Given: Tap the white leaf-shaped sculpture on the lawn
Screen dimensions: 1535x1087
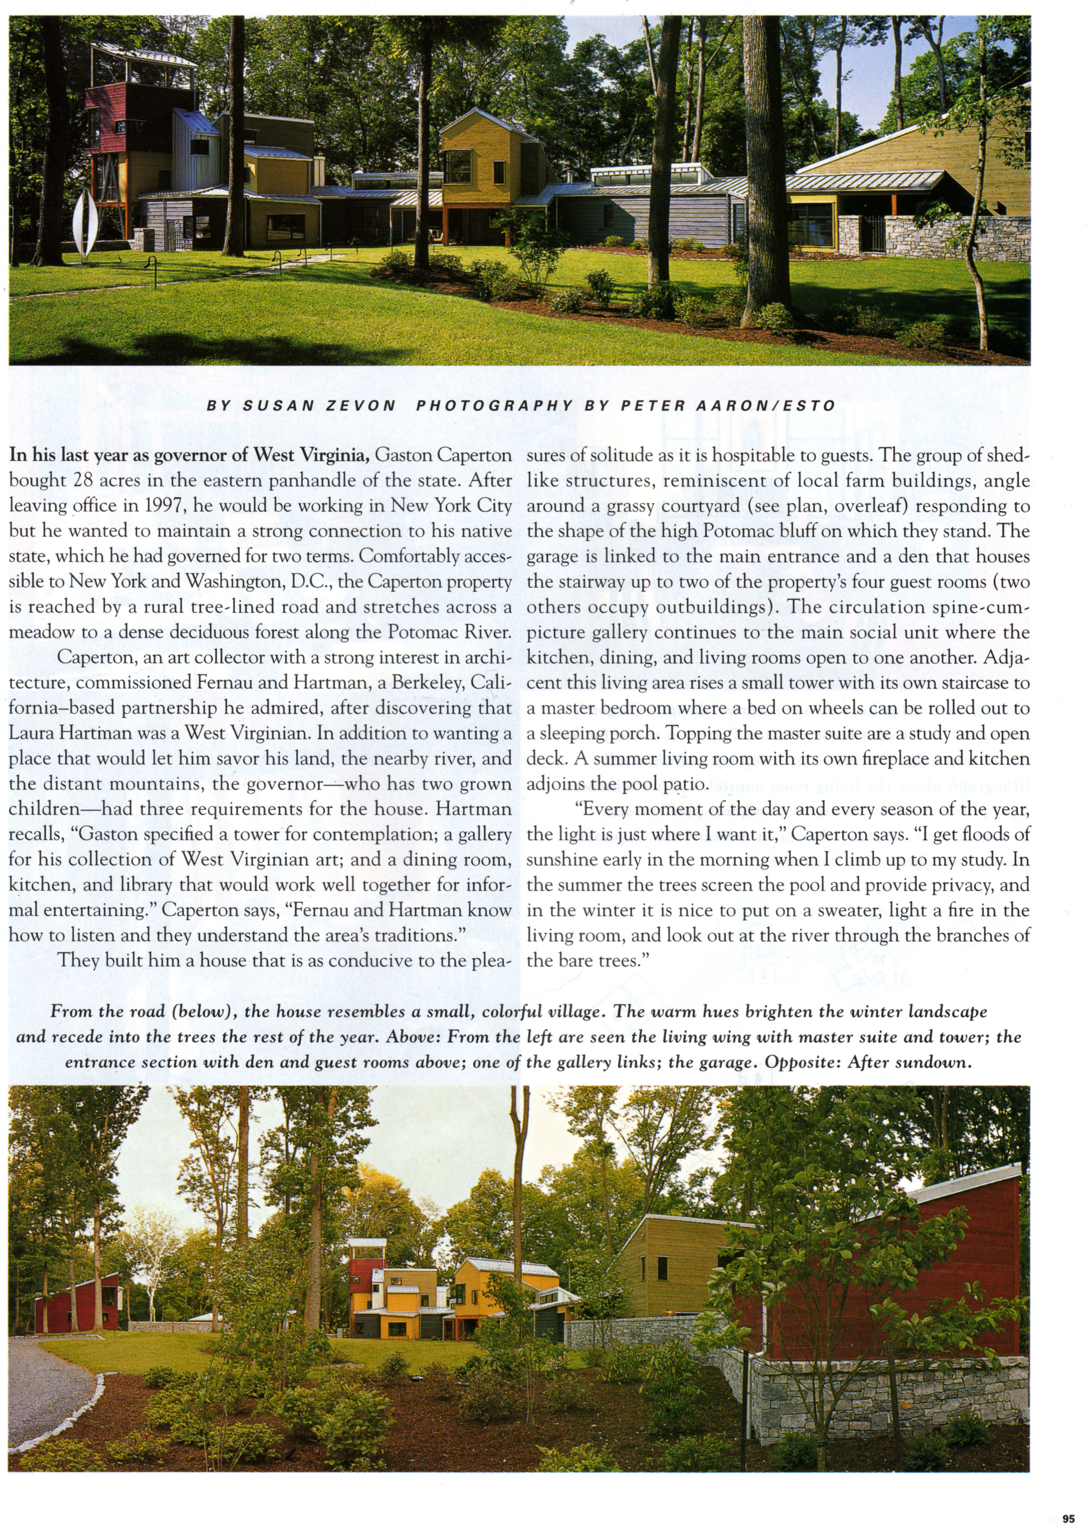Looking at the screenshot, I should [84, 224].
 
